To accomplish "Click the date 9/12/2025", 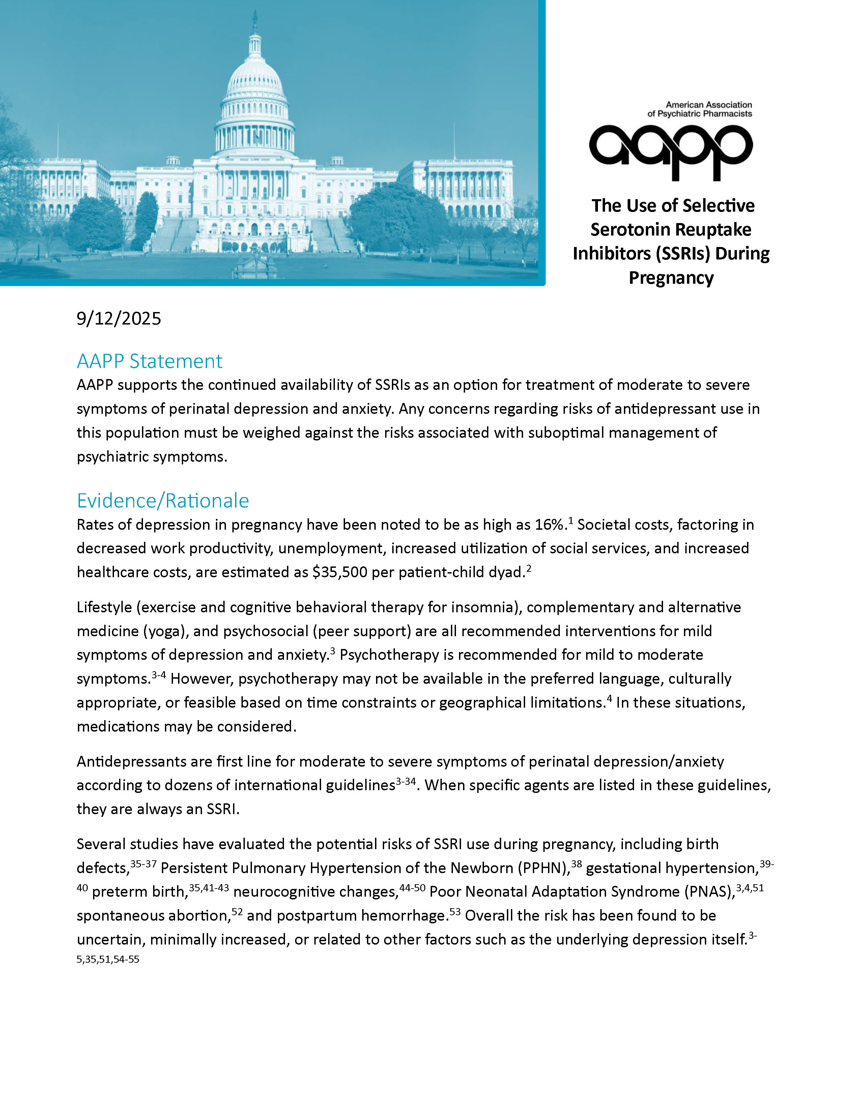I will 119,319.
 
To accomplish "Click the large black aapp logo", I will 670,151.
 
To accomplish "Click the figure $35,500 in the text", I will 340,572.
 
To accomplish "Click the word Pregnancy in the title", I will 671,278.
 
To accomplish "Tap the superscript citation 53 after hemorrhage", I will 455,912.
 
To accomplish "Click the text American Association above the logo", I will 709,105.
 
